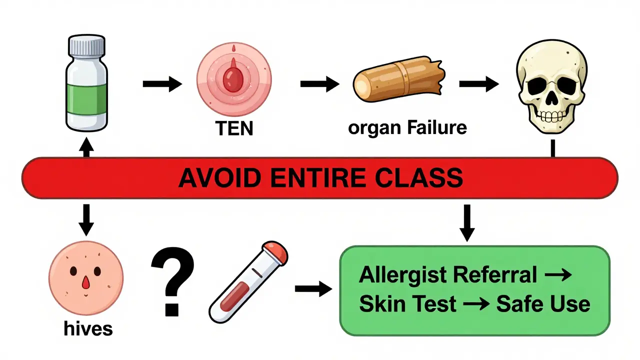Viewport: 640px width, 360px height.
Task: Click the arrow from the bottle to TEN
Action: (162, 84)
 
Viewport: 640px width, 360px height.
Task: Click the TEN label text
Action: (234, 128)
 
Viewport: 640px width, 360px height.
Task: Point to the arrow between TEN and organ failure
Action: (319, 84)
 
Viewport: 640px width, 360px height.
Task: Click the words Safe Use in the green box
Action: (542, 304)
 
